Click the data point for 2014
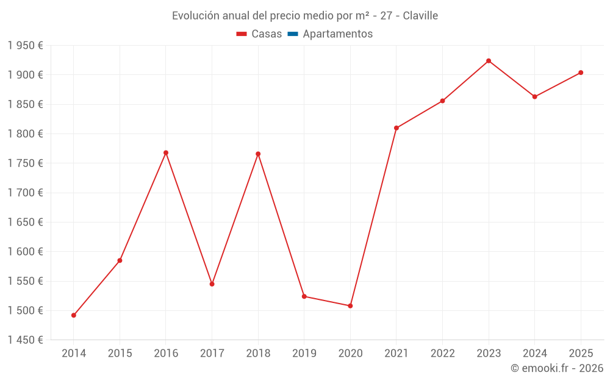pyautogui.click(x=74, y=315)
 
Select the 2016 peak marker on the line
pyautogui.click(x=166, y=152)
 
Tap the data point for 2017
pyautogui.click(x=212, y=284)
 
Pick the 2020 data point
pyautogui.click(x=350, y=305)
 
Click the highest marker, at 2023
pyautogui.click(x=489, y=61)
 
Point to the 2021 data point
pyautogui.click(x=396, y=128)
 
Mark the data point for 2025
pyautogui.click(x=581, y=73)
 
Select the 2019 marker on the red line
pyautogui.click(x=304, y=296)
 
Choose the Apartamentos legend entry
pyautogui.click(x=337, y=34)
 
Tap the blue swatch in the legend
pyautogui.click(x=293, y=34)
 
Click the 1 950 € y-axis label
pyautogui.click(x=25, y=45)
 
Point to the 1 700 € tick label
pyautogui.click(x=25, y=193)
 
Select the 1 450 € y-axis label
pyautogui.click(x=25, y=340)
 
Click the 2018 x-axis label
pyautogui.click(x=258, y=353)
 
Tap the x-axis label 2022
pyautogui.click(x=442, y=353)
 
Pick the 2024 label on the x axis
pyautogui.click(x=535, y=353)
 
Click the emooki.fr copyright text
pyautogui.click(x=557, y=368)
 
